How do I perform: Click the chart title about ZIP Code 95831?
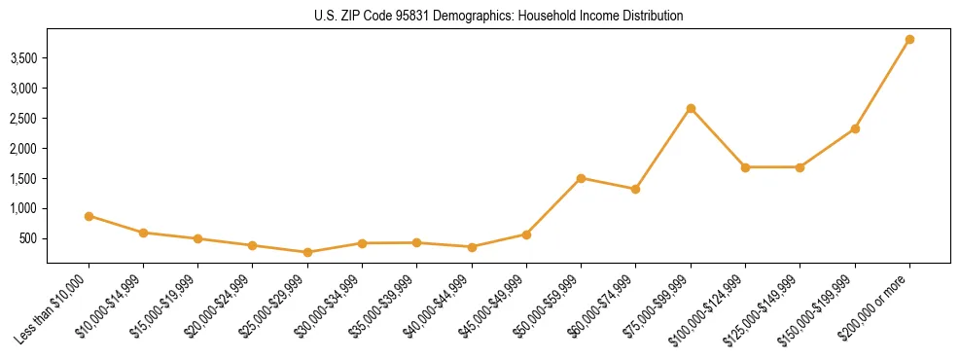tap(499, 17)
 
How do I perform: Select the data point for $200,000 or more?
tap(909, 40)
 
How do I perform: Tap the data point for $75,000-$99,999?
tap(691, 108)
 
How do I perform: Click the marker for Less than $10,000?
tap(89, 216)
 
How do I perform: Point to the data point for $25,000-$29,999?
tap(307, 252)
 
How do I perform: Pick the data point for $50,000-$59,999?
tap(581, 178)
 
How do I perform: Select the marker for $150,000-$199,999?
tap(855, 128)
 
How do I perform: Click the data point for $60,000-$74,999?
tap(635, 189)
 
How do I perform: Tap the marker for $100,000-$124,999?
tap(745, 167)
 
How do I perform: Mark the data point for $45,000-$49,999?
tap(526, 234)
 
